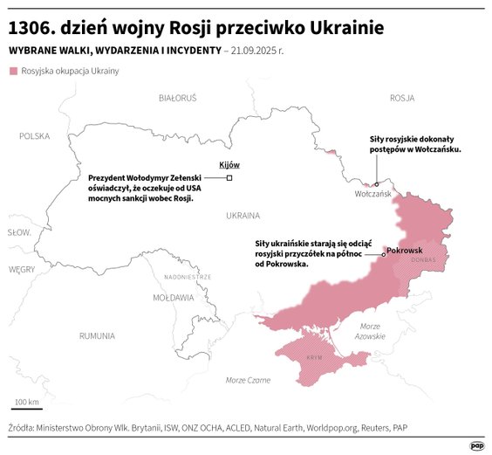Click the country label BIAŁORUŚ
pos(178,99)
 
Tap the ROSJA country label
pos(402,98)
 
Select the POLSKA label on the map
pos(35,136)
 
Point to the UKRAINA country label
pos(243,215)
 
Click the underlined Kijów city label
pos(229,165)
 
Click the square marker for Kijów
pos(229,178)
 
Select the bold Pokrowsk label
pos(404,251)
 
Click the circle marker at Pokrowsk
pos(383,253)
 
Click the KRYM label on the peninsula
pos(315,359)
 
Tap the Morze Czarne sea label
pos(248,380)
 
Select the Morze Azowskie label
pos(371,331)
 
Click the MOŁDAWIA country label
pos(173,298)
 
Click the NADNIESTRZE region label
pos(188,277)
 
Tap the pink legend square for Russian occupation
pos(13,71)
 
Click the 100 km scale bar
pos(27,409)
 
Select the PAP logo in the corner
pos(477,445)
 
